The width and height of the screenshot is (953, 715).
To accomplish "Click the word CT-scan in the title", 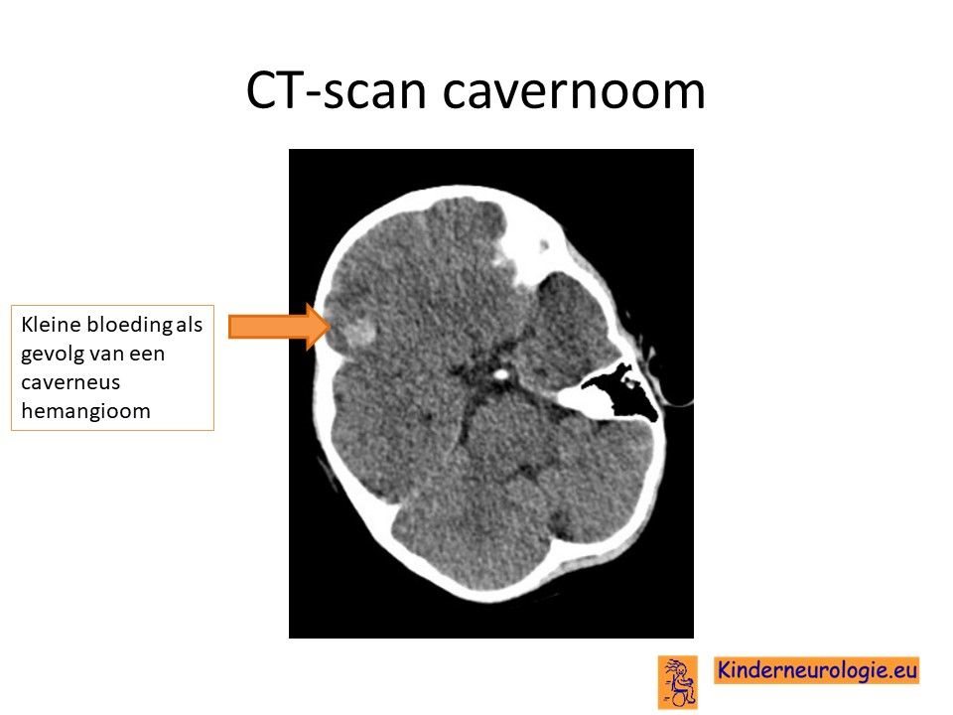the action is [337, 90].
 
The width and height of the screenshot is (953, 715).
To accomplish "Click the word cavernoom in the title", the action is [574, 91].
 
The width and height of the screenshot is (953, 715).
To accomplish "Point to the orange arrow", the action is [279, 327].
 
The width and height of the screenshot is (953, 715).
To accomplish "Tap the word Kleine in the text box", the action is [51, 324].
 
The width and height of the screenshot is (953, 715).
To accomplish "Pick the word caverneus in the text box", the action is [70, 382].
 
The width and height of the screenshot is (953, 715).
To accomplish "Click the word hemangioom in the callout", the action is [85, 411].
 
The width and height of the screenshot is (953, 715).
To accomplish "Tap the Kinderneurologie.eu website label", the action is [816, 670].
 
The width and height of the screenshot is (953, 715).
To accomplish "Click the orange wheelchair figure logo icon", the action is [678, 682].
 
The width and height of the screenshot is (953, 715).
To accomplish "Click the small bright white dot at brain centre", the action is [500, 374].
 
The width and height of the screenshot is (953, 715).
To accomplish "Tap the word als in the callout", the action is [189, 324].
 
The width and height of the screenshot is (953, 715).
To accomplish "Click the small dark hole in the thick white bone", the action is [544, 245].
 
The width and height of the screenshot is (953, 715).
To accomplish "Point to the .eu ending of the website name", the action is [899, 670].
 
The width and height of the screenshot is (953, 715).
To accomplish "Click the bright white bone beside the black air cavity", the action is [578, 402].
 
